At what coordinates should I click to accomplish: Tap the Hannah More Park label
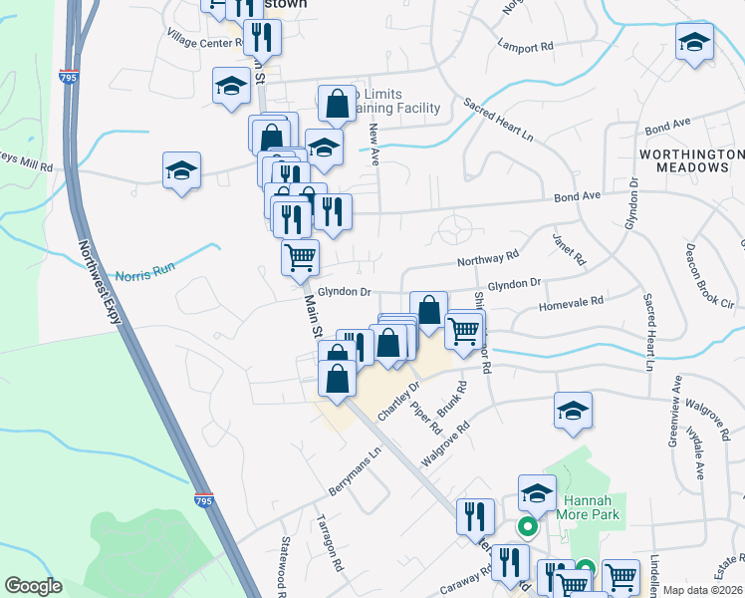coord(592,507)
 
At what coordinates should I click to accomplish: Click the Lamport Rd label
coord(526,47)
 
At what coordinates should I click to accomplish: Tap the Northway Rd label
coord(488,260)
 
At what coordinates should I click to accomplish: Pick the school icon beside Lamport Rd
coord(694,42)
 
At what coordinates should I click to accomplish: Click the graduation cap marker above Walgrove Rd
coord(573,412)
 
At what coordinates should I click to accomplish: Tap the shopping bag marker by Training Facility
coord(338,103)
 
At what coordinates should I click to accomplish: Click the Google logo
coord(34,586)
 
